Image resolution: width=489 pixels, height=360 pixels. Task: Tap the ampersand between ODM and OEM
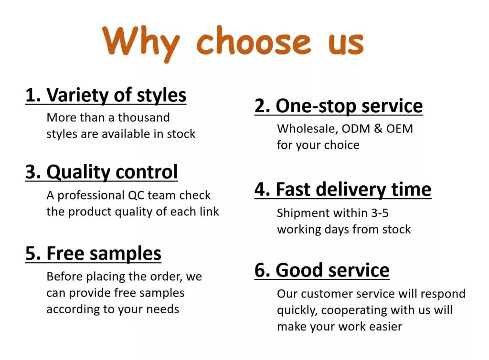click(378, 128)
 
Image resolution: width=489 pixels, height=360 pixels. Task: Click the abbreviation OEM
click(400, 128)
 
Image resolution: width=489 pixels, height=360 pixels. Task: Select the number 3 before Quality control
click(31, 172)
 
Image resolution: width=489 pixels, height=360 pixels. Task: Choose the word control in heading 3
click(147, 172)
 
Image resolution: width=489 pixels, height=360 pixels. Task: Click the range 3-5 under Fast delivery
click(380, 213)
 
